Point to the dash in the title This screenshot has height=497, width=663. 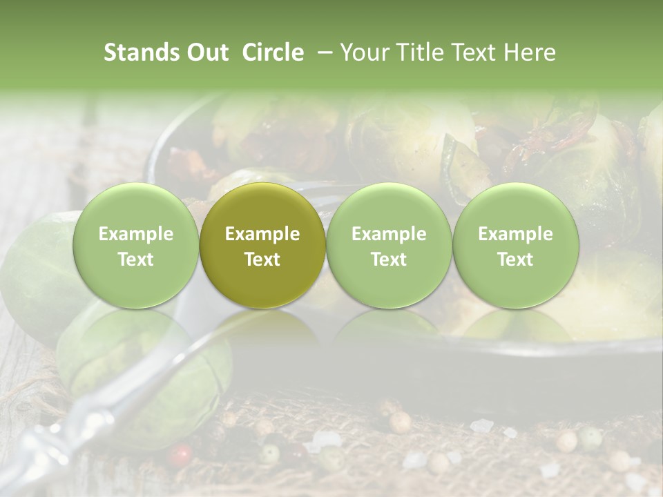tap(323, 53)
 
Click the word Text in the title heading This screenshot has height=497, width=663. tap(474, 52)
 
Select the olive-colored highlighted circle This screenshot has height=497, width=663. tap(262, 246)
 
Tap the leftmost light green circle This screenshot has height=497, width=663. tap(136, 246)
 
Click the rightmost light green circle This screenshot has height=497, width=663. tap(515, 246)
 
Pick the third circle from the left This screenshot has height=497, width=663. tap(389, 246)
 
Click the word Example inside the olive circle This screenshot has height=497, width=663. tap(262, 234)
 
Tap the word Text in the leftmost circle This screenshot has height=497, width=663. tap(136, 260)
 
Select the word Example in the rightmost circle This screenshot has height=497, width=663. tap(515, 234)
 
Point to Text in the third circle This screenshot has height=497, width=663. tap(389, 260)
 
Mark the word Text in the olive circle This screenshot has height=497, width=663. tap(262, 260)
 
